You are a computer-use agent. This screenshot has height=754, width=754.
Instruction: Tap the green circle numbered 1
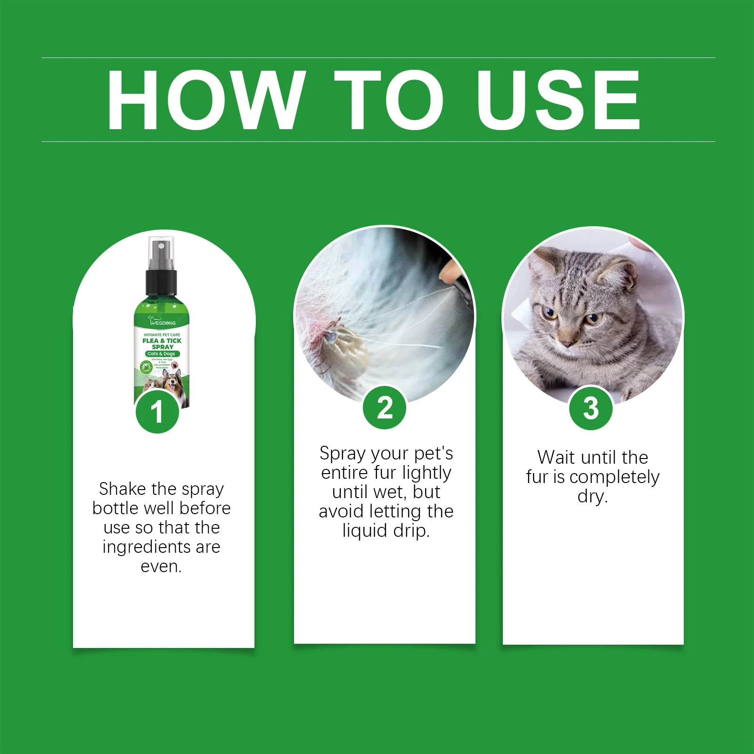(x=157, y=411)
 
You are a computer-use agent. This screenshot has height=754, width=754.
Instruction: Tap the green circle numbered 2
(x=385, y=408)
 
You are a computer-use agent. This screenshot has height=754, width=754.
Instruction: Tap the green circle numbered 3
(x=590, y=408)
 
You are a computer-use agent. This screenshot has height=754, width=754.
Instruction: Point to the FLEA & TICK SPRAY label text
(x=162, y=344)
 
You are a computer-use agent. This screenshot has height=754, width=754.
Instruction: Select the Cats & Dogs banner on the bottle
(x=162, y=353)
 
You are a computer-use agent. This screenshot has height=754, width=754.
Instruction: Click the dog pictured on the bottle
(x=172, y=382)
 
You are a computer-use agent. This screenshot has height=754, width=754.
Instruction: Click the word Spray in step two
(x=343, y=453)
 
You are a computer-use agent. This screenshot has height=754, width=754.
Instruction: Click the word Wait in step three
(x=556, y=457)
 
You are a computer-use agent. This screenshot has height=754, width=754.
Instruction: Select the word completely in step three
(x=614, y=477)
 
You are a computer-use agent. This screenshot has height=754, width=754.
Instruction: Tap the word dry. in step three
(x=592, y=496)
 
